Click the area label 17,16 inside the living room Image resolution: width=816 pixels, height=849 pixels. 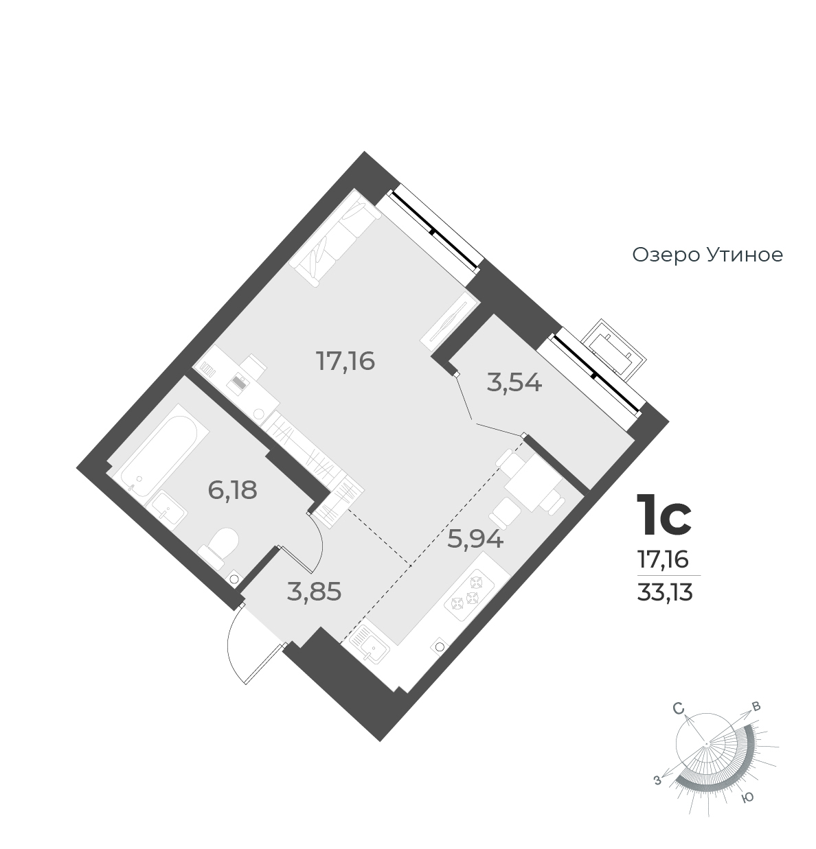pyautogui.click(x=345, y=360)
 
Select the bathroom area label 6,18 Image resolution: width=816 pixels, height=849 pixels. pyautogui.click(x=232, y=490)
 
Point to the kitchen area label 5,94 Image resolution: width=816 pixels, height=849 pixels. pyautogui.click(x=475, y=539)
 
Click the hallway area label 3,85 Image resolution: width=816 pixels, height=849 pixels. pyautogui.click(x=314, y=591)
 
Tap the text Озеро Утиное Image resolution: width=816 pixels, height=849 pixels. pyautogui.click(x=707, y=255)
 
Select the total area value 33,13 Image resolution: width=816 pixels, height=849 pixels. pyautogui.click(x=664, y=592)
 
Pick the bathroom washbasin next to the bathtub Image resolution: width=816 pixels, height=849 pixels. pyautogui.click(x=169, y=509)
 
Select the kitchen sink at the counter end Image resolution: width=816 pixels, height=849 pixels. pyautogui.click(x=368, y=645)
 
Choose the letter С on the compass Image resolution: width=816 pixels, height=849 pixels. pyautogui.click(x=679, y=710)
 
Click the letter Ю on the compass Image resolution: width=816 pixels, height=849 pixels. pyautogui.click(x=749, y=797)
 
